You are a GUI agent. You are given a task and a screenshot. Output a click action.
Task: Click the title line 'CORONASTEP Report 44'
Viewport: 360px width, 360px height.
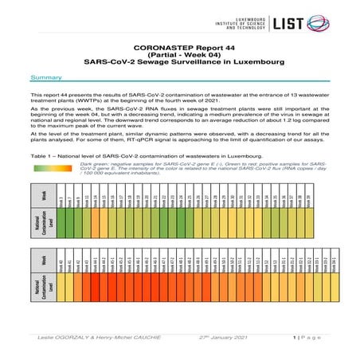[179, 48]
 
